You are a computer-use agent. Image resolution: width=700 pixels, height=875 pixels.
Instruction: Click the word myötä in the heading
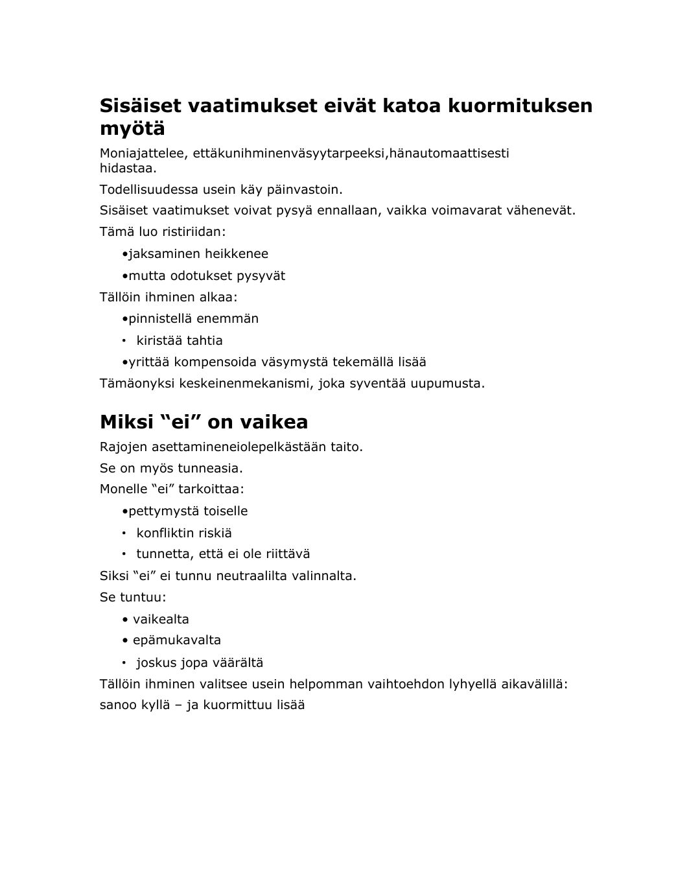132,129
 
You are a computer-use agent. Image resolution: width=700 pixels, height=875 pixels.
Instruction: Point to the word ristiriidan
194,231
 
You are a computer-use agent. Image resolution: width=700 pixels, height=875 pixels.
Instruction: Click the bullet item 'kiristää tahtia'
179,340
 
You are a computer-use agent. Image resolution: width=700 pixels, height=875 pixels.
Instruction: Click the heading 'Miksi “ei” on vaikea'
204,422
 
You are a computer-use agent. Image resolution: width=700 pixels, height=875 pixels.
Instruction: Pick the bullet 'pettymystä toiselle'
188,511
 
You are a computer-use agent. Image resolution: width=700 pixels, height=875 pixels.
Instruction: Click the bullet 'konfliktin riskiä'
183,533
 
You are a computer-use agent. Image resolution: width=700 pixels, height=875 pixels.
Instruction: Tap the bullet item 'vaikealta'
161,619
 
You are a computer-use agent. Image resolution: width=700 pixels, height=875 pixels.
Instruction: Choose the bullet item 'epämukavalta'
176,640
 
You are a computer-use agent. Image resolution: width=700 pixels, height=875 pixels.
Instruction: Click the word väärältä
240,662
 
